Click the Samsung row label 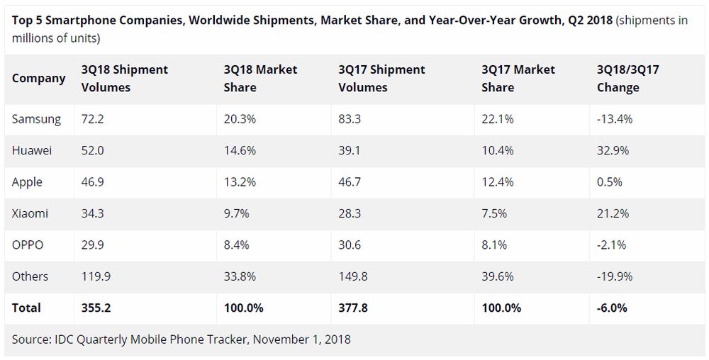click(36, 119)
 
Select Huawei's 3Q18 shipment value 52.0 click(93, 150)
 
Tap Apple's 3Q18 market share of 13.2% click(240, 182)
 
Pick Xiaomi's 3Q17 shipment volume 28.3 click(350, 213)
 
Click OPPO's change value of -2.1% click(611, 244)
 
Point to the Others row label click(30, 276)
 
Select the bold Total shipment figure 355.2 click(96, 308)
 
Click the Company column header click(39, 79)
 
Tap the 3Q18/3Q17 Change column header click(628, 79)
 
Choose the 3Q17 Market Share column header click(518, 79)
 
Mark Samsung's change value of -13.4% click(615, 119)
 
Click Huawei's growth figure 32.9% click(613, 150)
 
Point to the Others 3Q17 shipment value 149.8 click(353, 276)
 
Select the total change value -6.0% click(612, 308)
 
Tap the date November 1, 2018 click(301, 339)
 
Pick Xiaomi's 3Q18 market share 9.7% click(237, 213)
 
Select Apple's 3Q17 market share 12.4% click(498, 182)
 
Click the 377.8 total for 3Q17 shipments click(353, 308)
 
